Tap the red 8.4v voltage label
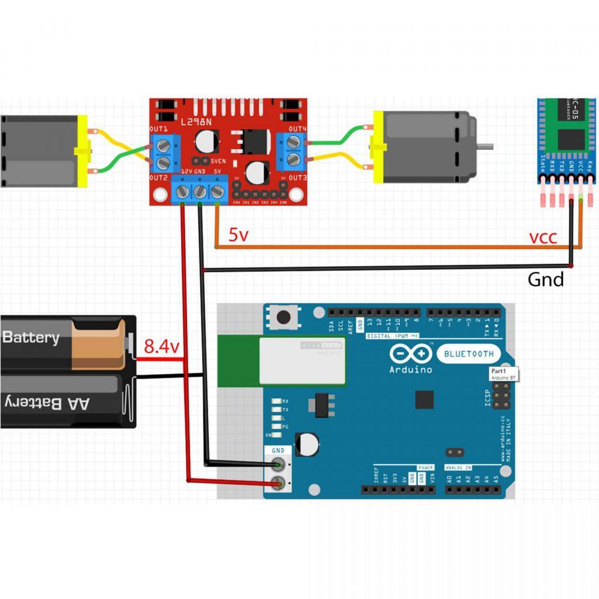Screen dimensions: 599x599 pos(161,347)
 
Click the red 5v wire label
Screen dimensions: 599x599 pos(238,235)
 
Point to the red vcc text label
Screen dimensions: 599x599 pos(543,237)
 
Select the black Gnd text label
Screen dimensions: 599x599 pos(546,280)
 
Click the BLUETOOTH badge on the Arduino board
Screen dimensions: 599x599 pos(469,353)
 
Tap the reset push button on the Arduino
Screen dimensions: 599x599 pos(284,318)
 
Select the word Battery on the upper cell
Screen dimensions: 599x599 pos(31,338)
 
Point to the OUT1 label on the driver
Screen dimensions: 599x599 pos(159,129)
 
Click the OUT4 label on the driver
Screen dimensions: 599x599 pos(298,129)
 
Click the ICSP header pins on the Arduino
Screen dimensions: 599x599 pos(500,400)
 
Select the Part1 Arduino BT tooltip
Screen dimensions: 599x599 pos(503,374)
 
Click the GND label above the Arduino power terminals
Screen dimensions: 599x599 pos(278,450)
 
